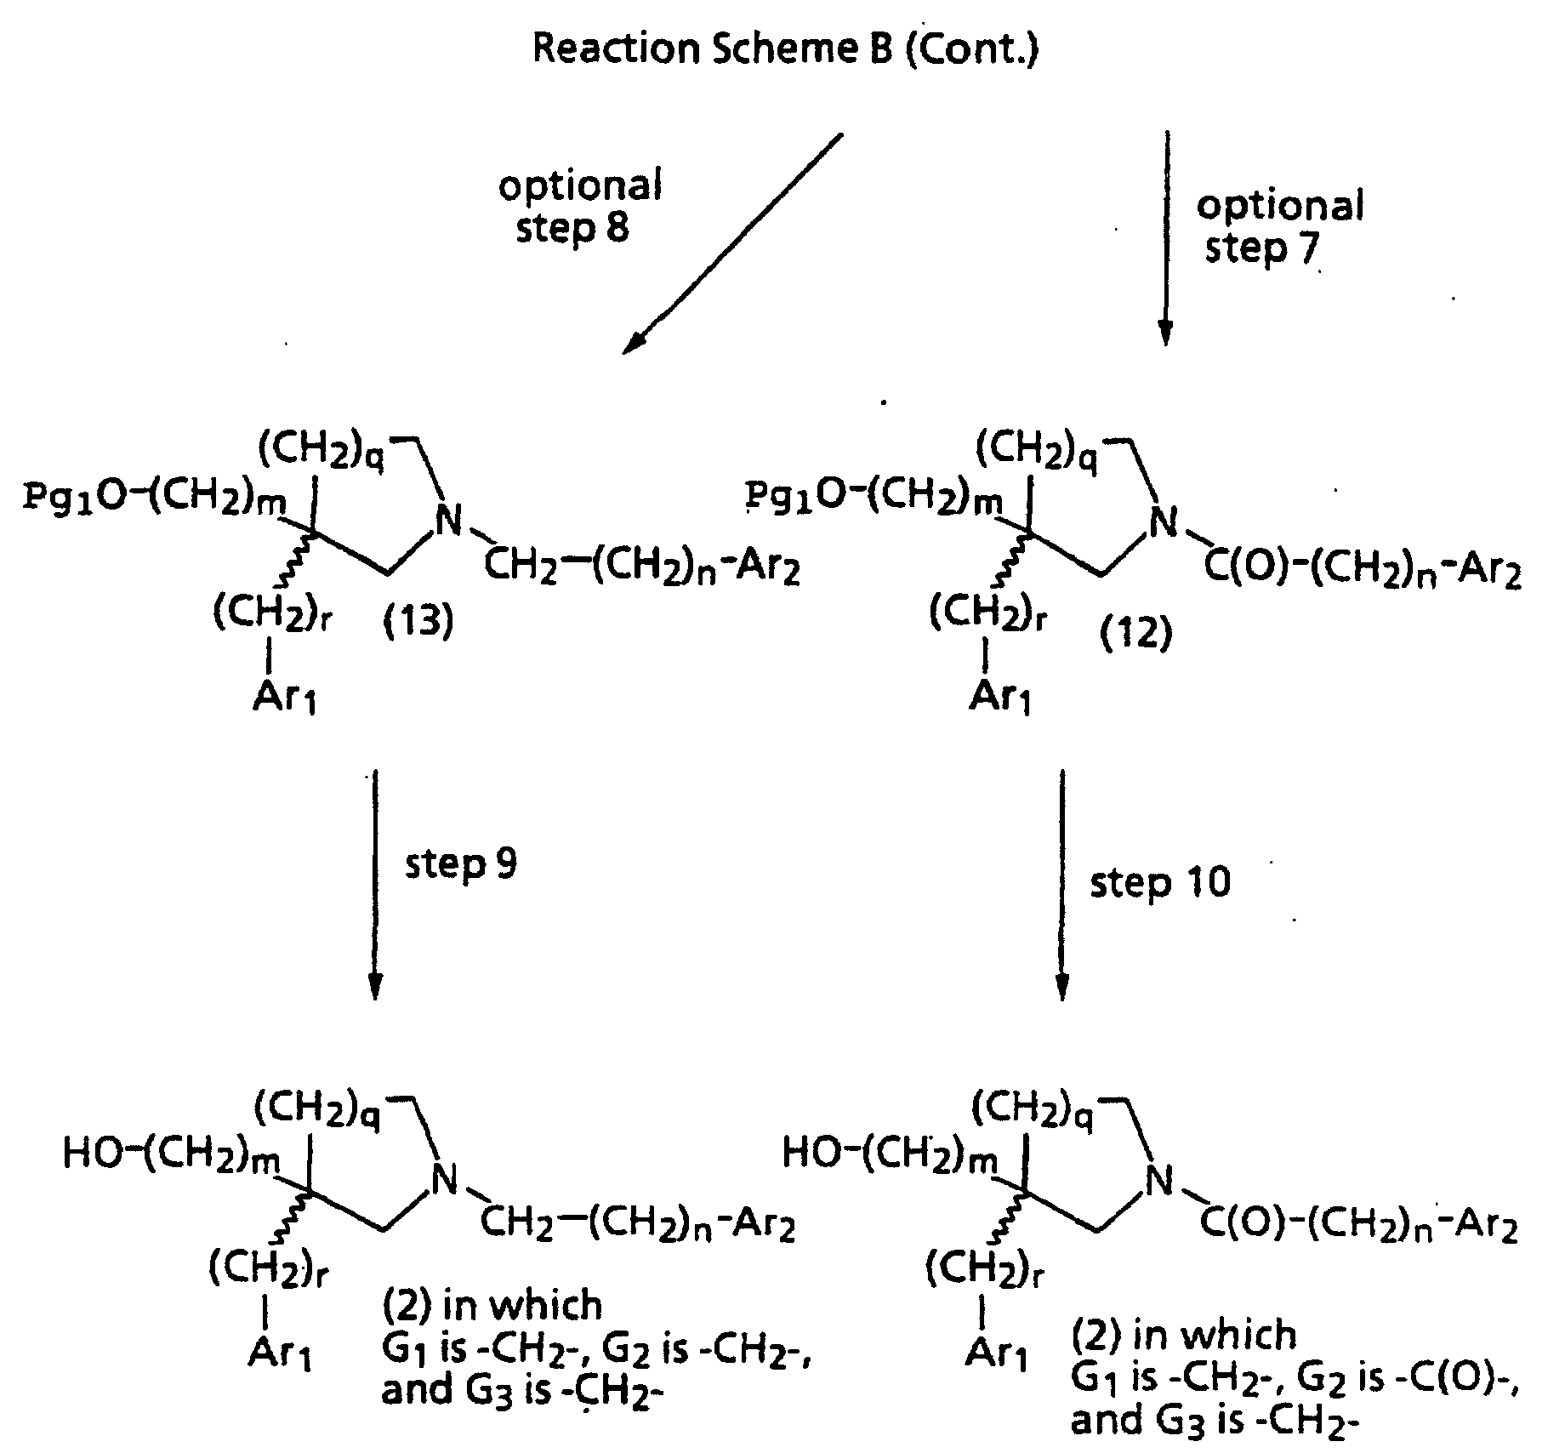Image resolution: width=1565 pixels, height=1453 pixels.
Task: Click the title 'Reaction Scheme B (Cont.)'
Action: [x=784, y=48]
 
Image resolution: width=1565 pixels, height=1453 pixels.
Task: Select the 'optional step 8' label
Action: [x=580, y=207]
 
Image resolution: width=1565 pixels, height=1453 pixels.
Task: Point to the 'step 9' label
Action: [x=460, y=864]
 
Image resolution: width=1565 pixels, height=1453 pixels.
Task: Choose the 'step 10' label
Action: [x=1159, y=883]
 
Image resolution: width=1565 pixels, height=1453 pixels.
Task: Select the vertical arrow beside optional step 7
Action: [x=1166, y=238]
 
